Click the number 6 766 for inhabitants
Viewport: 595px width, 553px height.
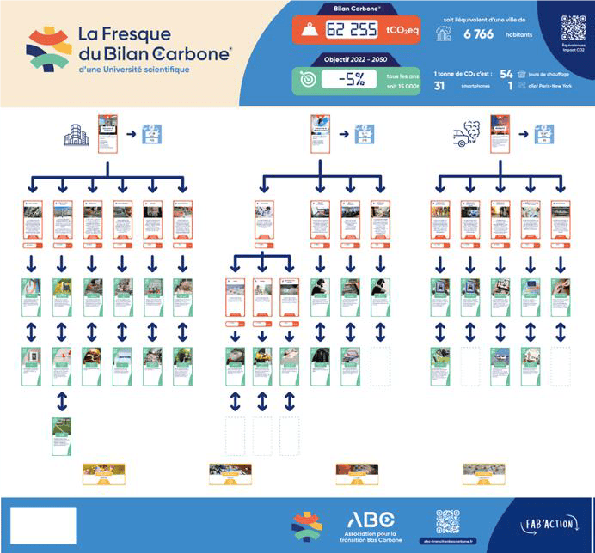[478, 34]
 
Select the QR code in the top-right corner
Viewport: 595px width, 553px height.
[573, 27]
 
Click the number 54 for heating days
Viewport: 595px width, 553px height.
[506, 75]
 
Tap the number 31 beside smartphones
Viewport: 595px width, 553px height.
[439, 86]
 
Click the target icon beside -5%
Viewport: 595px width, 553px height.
[307, 80]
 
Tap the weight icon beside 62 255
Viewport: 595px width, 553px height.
[308, 32]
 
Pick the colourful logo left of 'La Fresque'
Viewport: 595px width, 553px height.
[48, 48]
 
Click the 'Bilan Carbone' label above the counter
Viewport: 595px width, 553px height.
[354, 9]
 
